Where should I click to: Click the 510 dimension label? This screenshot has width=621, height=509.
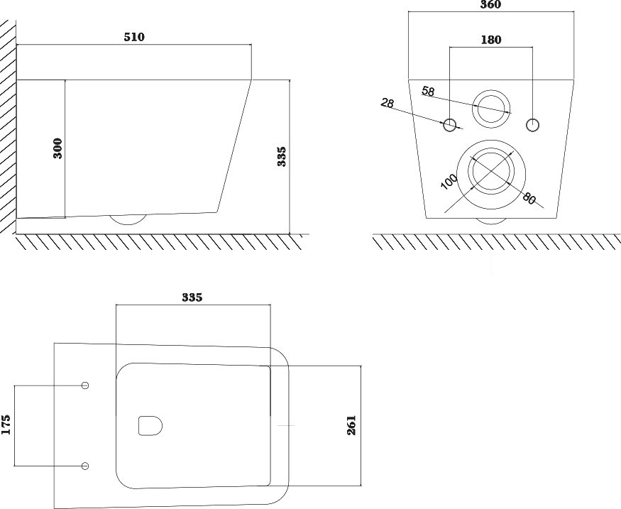[x=134, y=37]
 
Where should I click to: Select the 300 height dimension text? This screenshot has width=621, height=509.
[x=57, y=148]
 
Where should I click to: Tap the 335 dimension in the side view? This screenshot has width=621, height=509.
[x=281, y=156]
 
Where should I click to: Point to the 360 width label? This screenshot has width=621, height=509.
[x=490, y=4]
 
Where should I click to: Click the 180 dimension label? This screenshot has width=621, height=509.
[x=491, y=40]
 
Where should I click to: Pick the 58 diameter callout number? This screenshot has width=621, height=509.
[x=428, y=91]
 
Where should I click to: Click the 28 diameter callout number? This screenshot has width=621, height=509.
[x=388, y=103]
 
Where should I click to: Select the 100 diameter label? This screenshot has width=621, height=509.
[x=449, y=182]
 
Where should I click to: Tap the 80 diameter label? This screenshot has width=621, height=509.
[x=529, y=197]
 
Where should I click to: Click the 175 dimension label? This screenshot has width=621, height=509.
[x=6, y=425]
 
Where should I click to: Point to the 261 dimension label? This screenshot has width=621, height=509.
[x=351, y=425]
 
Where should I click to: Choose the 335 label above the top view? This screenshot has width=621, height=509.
[x=192, y=297]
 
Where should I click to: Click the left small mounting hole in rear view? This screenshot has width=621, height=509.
[x=449, y=125]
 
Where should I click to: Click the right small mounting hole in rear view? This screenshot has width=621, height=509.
[x=533, y=125]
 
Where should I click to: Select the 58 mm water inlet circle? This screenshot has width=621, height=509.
[x=491, y=109]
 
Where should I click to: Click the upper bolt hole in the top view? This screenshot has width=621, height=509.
[x=84, y=385]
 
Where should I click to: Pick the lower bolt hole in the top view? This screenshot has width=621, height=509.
[x=84, y=466]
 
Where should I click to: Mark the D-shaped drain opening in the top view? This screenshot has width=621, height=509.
[x=150, y=426]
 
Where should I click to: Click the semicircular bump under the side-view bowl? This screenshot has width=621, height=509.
[x=128, y=219]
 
